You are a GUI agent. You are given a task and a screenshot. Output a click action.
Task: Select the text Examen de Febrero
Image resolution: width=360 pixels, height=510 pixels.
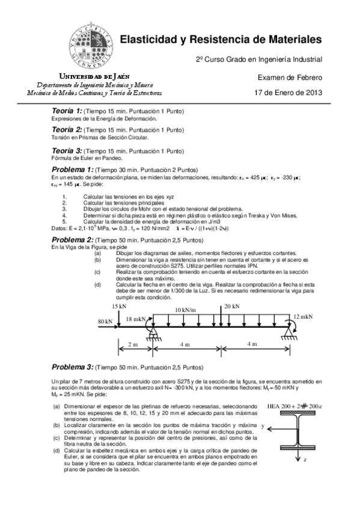[x=290, y=78]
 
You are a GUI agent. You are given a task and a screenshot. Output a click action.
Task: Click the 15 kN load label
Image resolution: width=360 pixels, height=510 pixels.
[x=119, y=306]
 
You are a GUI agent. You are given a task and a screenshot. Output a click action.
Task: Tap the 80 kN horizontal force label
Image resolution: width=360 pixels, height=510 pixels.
[x=105, y=321]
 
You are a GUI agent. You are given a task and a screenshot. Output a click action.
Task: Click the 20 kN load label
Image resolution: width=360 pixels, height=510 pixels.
[x=231, y=306]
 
